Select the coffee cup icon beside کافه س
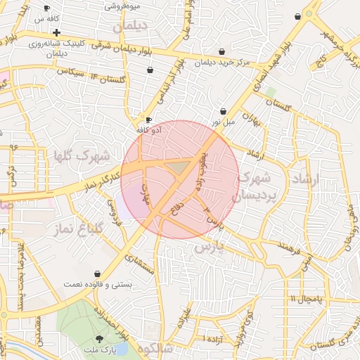point(47,8)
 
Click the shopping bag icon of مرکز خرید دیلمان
point(222,51)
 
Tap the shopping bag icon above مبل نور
point(223,111)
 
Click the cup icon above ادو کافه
point(148,120)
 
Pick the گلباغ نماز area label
point(79,229)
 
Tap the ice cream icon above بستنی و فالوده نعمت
point(97,274)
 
